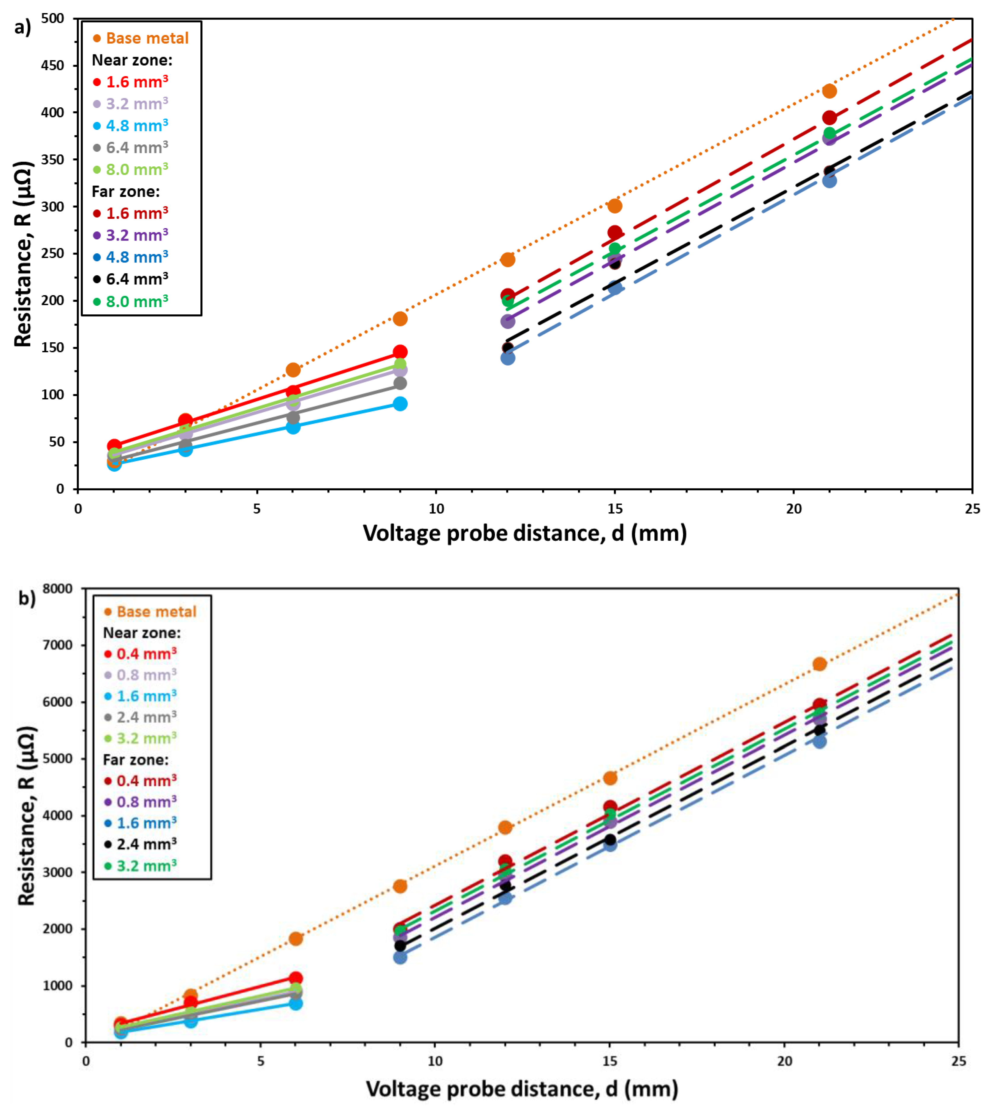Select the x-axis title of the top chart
pyautogui.click(x=525, y=533)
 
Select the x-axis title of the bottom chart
pyautogui.click(x=522, y=1089)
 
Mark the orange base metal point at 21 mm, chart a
pyautogui.click(x=829, y=91)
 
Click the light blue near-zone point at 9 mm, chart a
pyautogui.click(x=400, y=403)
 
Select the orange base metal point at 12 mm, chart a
pyautogui.click(x=508, y=260)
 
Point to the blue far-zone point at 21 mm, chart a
pyautogui.click(x=829, y=180)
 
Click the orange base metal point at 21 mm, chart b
pyautogui.click(x=819, y=664)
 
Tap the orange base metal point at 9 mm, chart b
pyautogui.click(x=400, y=886)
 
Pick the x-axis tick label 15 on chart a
pyautogui.click(x=615, y=509)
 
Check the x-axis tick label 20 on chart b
pyautogui.click(x=784, y=1060)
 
